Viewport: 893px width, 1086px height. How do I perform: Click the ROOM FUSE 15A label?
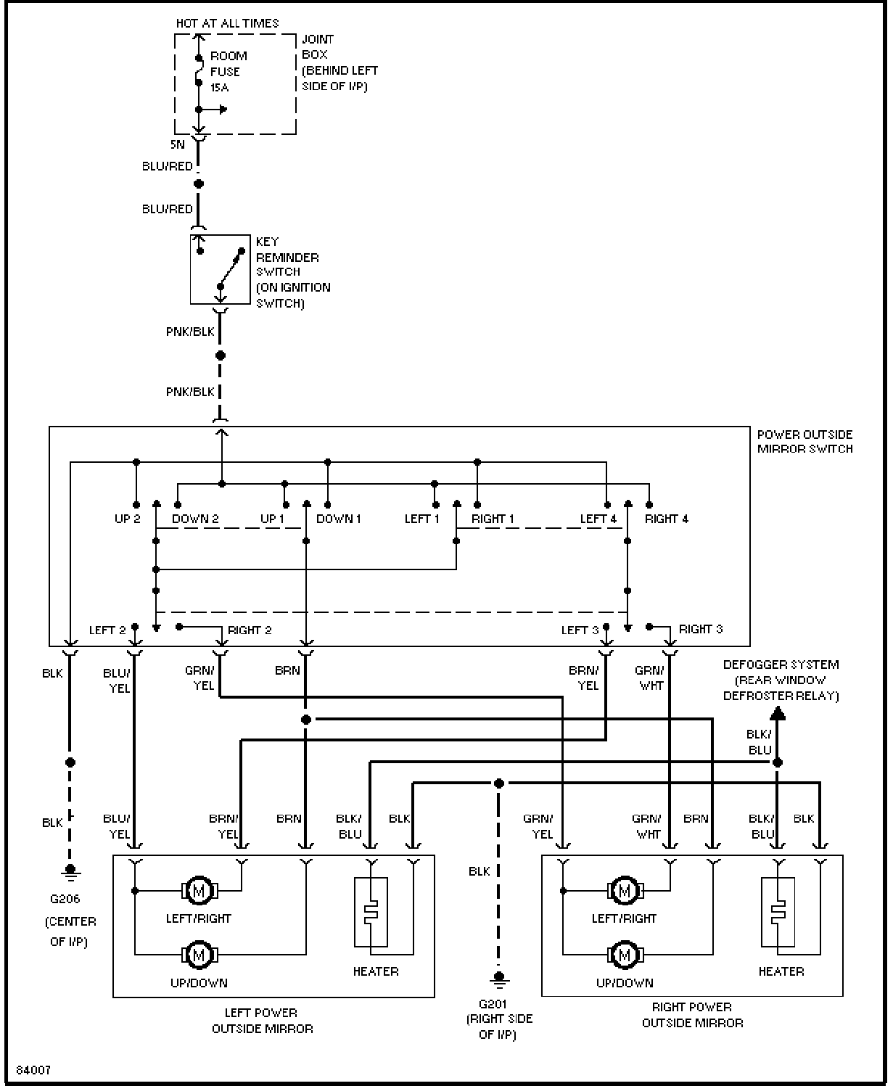228,72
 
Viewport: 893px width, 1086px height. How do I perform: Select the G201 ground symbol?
498,979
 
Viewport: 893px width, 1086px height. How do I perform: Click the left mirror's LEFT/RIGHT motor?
199,890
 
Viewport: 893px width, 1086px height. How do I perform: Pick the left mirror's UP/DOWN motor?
199,955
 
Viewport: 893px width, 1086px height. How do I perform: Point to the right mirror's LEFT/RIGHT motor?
625,890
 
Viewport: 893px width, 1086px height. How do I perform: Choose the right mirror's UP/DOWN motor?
625,955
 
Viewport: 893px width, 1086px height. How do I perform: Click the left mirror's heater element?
371,912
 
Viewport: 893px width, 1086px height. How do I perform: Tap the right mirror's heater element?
778,912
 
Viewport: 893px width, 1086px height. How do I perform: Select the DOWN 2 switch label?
195,519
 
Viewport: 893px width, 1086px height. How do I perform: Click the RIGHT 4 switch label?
667,519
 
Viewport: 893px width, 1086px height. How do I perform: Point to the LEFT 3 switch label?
580,630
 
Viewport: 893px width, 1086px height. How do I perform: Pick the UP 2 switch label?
127,519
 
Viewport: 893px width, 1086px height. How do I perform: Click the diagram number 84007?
33,1070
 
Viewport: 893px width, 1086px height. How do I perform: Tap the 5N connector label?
178,144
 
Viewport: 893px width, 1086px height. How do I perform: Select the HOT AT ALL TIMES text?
227,23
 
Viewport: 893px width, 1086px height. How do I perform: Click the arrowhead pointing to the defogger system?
778,713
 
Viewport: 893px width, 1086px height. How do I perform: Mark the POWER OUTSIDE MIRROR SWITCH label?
805,442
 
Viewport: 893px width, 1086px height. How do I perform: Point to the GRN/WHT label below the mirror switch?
650,678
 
